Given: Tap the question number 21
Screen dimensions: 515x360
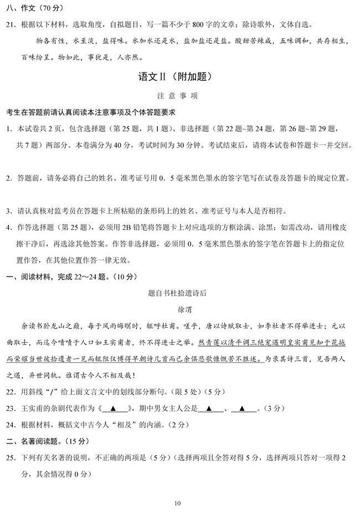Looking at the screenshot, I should point(11,24).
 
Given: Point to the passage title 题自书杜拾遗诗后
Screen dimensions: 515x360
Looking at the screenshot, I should point(180,292).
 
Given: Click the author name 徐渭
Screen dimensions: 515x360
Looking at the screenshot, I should point(180,308).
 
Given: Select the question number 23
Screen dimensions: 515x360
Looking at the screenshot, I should point(11,410).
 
